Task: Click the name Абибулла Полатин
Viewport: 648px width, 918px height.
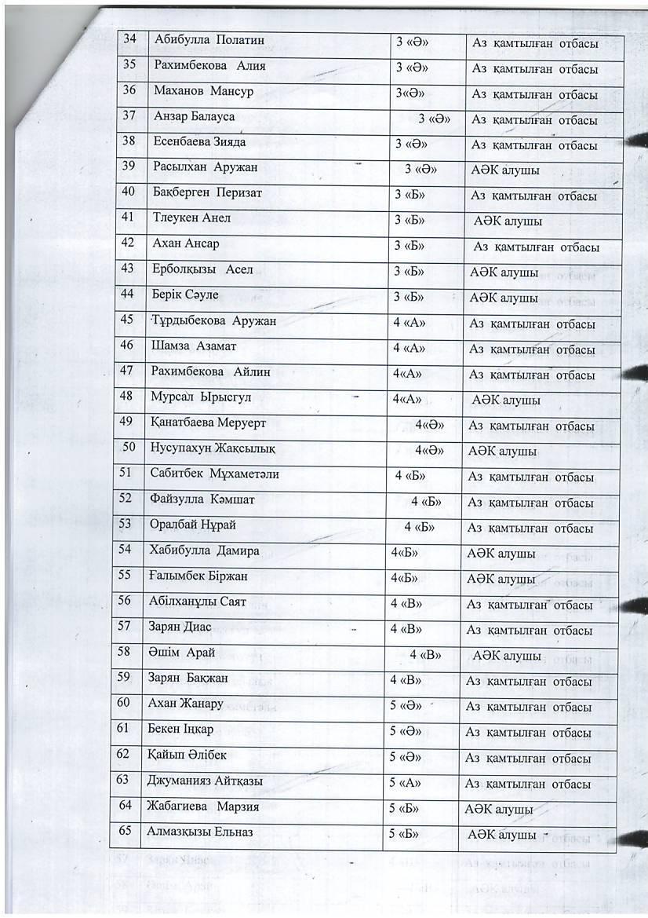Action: (209, 40)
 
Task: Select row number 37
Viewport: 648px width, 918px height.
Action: (129, 116)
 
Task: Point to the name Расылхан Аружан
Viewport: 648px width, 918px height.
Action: (206, 167)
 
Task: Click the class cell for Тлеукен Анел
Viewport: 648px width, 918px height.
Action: (410, 221)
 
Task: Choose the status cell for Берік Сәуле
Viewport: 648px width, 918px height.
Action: (504, 298)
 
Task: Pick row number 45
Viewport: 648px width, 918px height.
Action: (127, 320)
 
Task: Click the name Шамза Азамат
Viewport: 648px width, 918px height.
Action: (193, 346)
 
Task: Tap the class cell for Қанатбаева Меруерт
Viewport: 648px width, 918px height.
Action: (430, 425)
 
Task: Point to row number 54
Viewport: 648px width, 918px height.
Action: (125, 550)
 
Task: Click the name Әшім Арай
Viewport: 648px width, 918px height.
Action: (177, 653)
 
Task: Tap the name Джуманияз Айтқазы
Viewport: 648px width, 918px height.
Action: (205, 782)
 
